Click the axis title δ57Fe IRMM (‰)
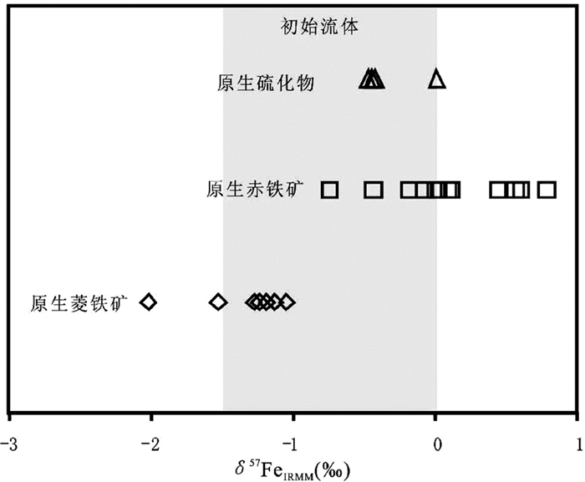pos(292,466)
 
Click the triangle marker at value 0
pos(437,79)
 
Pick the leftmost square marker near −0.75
pos(329,190)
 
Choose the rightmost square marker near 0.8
pos(547,190)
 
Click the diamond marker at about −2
pos(148,302)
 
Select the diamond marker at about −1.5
pos(218,302)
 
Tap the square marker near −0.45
pos(374,190)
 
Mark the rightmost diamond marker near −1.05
pos(287,302)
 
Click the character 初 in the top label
pos(287,27)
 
